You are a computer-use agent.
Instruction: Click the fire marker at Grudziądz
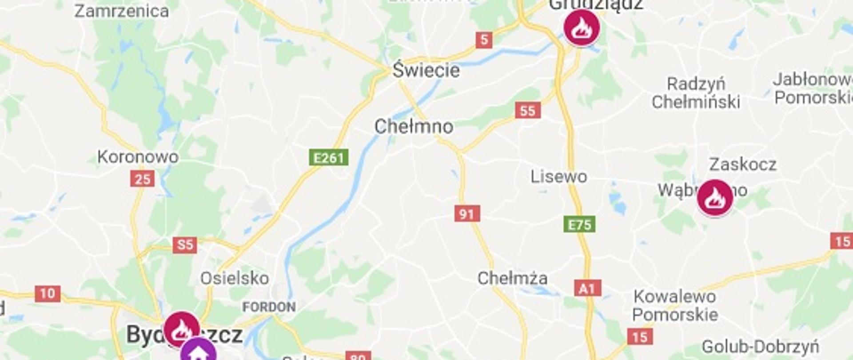(x=581, y=27)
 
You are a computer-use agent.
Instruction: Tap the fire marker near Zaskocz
(x=714, y=197)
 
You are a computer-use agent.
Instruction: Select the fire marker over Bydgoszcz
(x=182, y=329)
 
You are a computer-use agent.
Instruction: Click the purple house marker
(x=198, y=352)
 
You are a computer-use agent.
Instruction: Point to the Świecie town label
(x=426, y=70)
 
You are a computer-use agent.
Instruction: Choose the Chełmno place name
(x=414, y=127)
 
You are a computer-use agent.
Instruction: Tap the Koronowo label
(x=138, y=156)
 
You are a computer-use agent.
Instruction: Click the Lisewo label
(x=558, y=176)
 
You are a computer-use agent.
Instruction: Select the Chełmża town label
(x=512, y=278)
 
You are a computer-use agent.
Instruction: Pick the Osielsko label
(x=234, y=278)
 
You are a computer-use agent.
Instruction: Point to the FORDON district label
(x=269, y=307)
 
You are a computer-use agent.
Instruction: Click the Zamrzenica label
(x=121, y=11)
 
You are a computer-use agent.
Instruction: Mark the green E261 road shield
(x=328, y=157)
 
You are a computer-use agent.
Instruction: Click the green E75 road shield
(x=580, y=224)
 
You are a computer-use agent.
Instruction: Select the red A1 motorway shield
(x=587, y=289)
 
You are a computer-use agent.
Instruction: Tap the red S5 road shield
(x=185, y=244)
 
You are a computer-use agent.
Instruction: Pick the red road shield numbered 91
(x=467, y=214)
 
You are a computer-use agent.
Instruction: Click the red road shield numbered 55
(x=528, y=110)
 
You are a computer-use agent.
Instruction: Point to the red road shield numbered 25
(x=143, y=179)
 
